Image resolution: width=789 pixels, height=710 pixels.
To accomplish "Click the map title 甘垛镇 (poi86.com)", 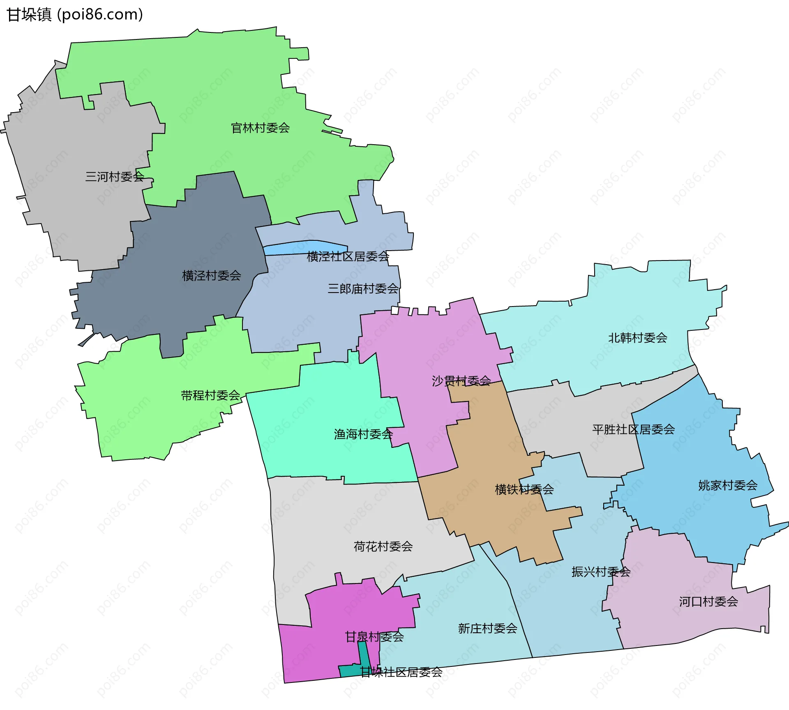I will pos(75,15).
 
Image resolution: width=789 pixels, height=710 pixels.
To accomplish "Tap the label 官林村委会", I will pos(260,128).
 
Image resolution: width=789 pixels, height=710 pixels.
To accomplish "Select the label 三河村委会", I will pos(114,177).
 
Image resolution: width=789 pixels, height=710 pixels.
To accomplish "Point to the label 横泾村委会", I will pos(211,275).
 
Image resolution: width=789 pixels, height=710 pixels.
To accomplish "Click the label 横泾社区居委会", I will pos(348,257).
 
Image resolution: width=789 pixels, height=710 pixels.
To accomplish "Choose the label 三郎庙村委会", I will pos(363,289).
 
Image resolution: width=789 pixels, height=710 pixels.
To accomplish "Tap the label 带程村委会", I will pos(210,395).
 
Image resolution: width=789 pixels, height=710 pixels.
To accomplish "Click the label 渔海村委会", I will pos(363,434).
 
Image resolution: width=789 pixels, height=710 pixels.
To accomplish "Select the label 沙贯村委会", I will pos(461,381).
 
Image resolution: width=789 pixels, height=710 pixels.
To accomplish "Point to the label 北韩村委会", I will pos(637,338).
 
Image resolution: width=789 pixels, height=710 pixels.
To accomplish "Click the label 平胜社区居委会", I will pos(633,429).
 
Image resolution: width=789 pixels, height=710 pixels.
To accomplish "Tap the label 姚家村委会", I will pos(728,485).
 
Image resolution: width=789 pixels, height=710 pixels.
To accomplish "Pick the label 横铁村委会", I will pos(524,489).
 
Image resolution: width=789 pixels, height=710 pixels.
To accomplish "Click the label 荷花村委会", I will pos(383,546).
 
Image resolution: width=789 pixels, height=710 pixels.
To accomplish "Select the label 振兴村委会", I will pos(601,572).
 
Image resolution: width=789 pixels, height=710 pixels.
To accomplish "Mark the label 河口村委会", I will pos(708,602).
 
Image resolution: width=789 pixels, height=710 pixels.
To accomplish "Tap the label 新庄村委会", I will pos(487,628).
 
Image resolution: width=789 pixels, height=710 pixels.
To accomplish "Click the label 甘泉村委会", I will pos(374,637).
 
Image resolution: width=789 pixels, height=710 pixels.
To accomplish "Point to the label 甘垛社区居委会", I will pos(401,672).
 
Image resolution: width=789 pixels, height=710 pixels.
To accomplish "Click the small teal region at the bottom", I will pos(349,671).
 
